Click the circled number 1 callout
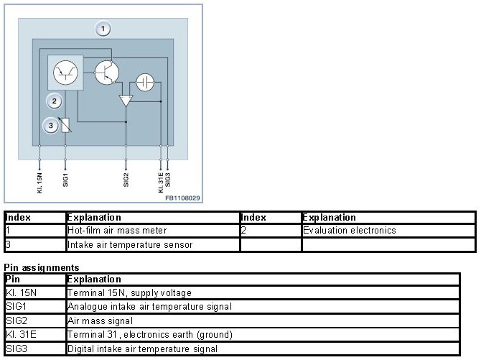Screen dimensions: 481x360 pyautogui.click(x=103, y=29)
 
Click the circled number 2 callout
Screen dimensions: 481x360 pyautogui.click(x=54, y=101)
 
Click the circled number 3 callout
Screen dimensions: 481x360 pyautogui.click(x=50, y=126)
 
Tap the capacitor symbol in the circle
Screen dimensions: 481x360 pyautogui.click(x=146, y=81)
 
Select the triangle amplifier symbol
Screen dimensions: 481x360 pyautogui.click(x=126, y=101)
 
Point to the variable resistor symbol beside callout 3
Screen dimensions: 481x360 pyautogui.click(x=65, y=126)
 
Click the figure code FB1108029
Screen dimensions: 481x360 pyautogui.click(x=182, y=197)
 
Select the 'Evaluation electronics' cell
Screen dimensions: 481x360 pyautogui.click(x=349, y=231)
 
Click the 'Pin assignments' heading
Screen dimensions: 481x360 pyautogui.click(x=41, y=267)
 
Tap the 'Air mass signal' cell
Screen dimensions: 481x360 pyautogui.click(x=100, y=320)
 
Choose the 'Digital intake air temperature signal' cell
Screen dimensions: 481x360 pyautogui.click(x=142, y=349)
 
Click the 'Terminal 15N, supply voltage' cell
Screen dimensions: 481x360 pyautogui.click(x=129, y=293)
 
